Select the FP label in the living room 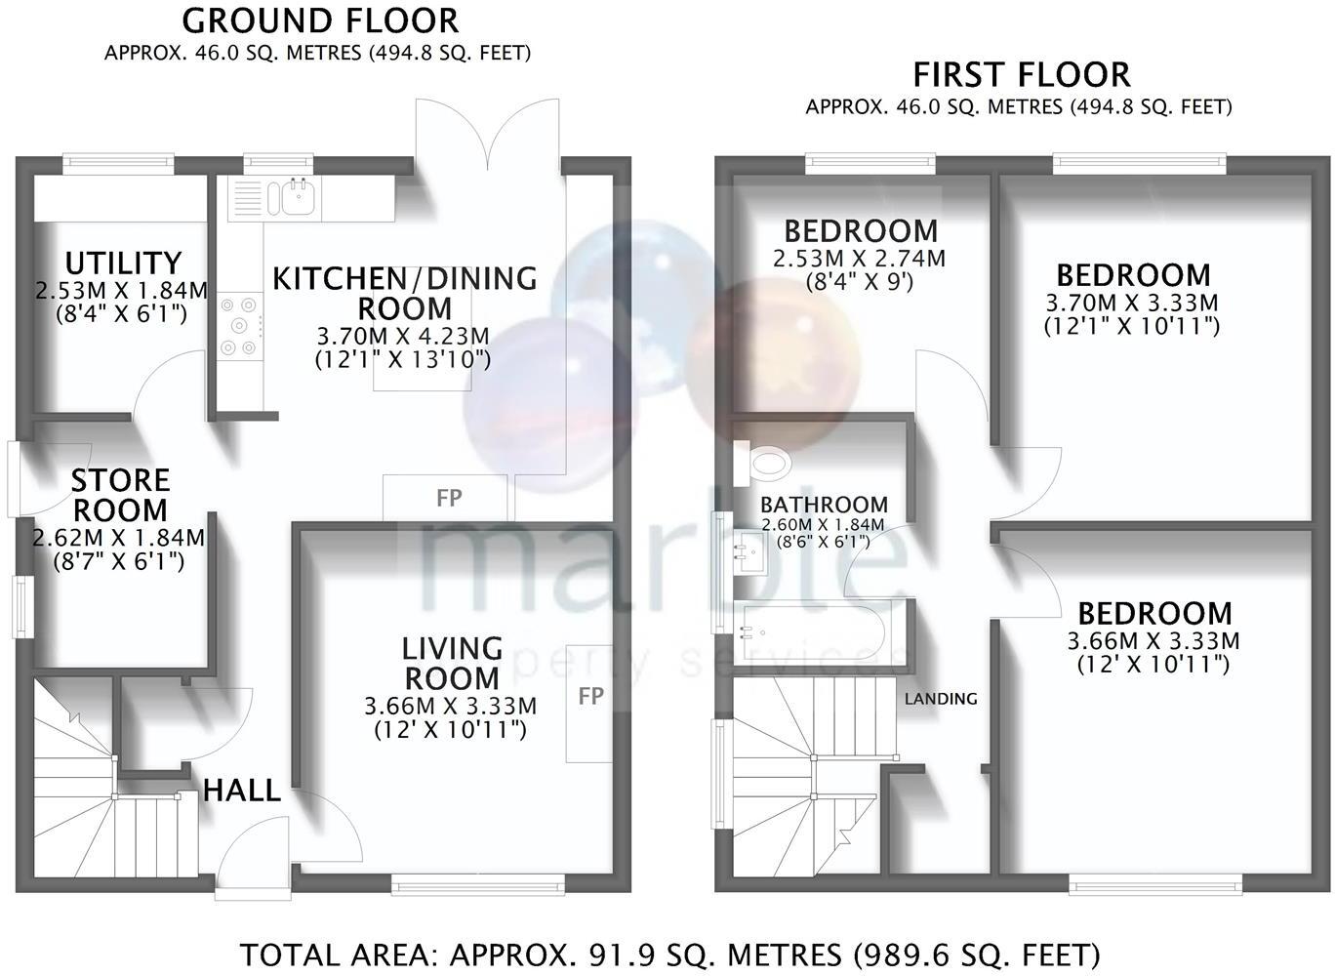(x=590, y=696)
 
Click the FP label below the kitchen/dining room (x=448, y=498)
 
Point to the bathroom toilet (x=761, y=463)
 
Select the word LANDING (x=940, y=699)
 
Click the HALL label (x=241, y=791)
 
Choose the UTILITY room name (x=123, y=263)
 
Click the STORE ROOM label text (x=120, y=495)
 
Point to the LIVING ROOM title (x=452, y=663)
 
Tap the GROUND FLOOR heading (x=320, y=20)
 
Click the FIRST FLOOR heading (x=1021, y=75)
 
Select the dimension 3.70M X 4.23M (x=403, y=337)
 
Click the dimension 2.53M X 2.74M (x=859, y=259)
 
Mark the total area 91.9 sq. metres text (x=669, y=955)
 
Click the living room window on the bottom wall (x=478, y=885)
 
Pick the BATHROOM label (x=824, y=505)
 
